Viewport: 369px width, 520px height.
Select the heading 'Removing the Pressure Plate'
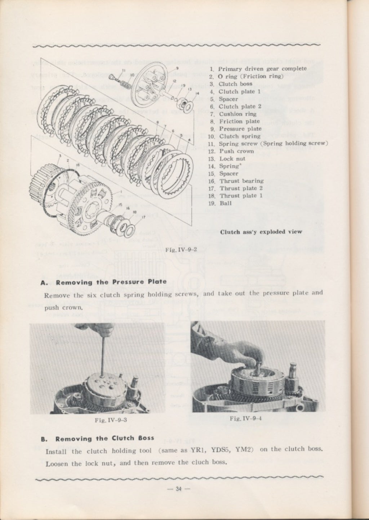(x=111, y=282)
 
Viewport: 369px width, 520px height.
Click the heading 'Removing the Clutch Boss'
(x=105, y=438)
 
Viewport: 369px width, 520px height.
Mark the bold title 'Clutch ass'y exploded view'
(x=261, y=232)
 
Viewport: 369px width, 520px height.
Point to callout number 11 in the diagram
(x=124, y=70)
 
